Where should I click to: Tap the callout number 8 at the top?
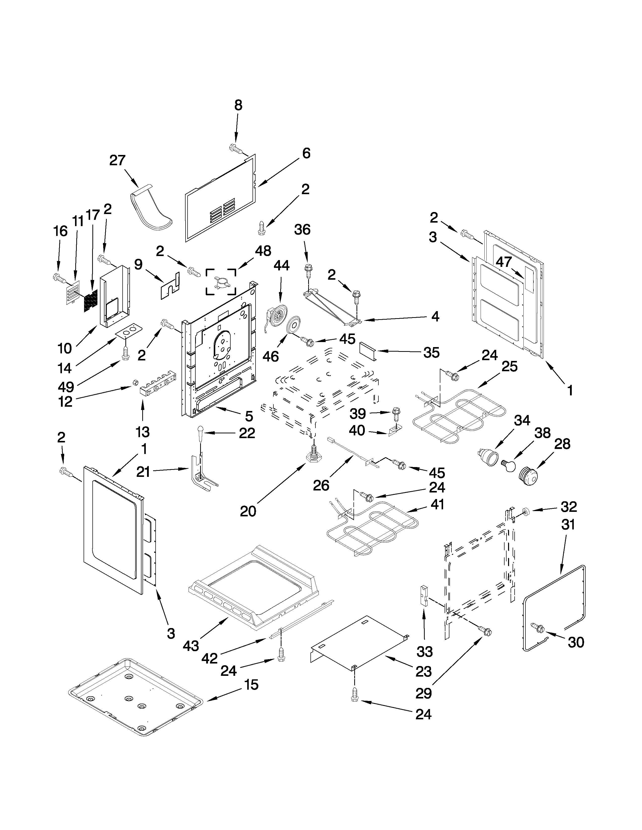tap(238, 105)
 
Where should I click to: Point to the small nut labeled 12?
tap(135, 382)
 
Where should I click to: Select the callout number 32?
tap(568, 507)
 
